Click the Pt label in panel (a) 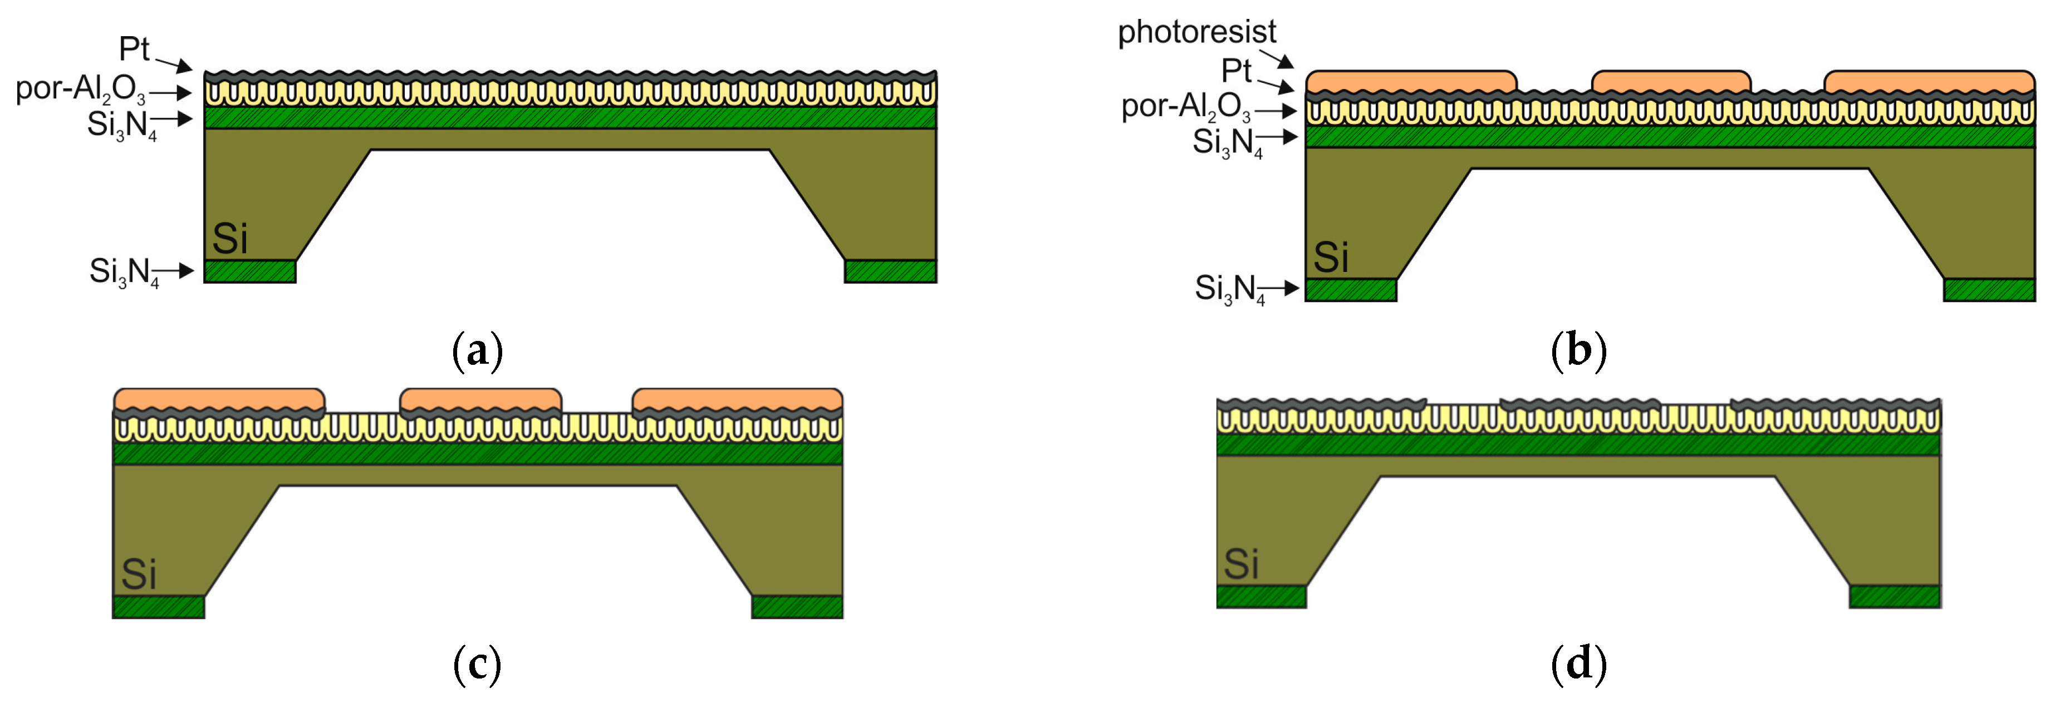point(134,49)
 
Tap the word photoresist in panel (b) point(1196,32)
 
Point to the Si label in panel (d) point(1241,564)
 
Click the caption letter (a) point(477,351)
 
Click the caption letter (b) point(1578,351)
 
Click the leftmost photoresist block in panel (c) point(219,399)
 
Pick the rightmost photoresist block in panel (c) point(737,399)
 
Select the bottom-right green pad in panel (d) point(1895,597)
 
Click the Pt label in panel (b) point(1235,71)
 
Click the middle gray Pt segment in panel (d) point(1580,404)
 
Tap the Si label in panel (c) point(138,574)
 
